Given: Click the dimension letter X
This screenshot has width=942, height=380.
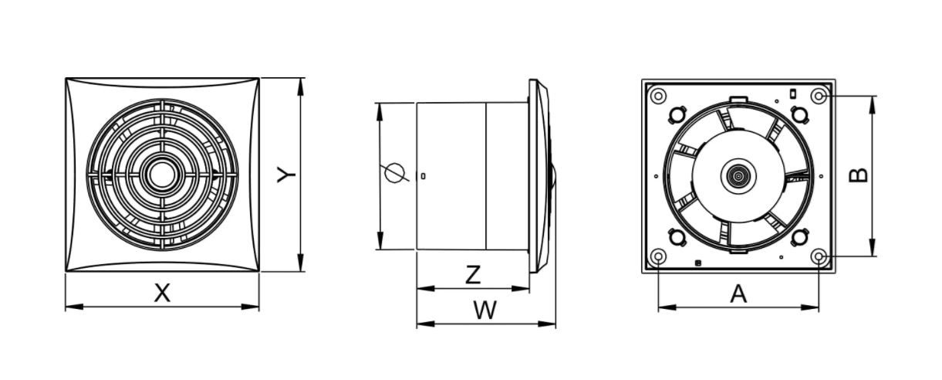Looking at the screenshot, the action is tap(162, 293).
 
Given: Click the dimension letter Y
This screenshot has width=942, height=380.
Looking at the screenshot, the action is tap(286, 175).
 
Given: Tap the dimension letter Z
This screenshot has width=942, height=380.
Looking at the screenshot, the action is tap(473, 274).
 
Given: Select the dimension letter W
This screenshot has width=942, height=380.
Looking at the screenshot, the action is tap(485, 310).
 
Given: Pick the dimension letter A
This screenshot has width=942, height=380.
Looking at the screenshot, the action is tap(738, 293).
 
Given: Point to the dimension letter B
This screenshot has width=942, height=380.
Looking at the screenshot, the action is tap(859, 175).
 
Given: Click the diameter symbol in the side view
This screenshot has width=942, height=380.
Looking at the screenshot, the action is tap(394, 173).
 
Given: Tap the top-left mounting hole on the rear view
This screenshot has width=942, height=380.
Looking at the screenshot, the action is tap(658, 96).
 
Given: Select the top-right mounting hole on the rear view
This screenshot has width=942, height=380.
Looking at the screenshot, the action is tap(819, 96).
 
